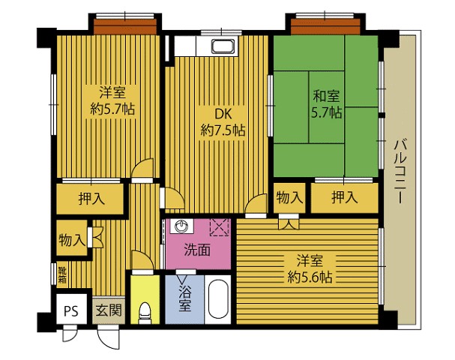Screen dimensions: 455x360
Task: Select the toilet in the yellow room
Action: pyautogui.click(x=145, y=313)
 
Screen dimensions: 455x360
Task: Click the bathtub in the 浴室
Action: pyautogui.click(x=219, y=299)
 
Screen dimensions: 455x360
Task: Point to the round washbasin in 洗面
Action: pyautogui.click(x=181, y=226)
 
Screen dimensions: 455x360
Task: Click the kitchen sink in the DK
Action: pyautogui.click(x=223, y=46)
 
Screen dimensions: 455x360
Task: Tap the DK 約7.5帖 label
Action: pyautogui.click(x=223, y=122)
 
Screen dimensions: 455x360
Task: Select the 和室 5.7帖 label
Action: pyautogui.click(x=327, y=104)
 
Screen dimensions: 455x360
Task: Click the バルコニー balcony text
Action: pyautogui.click(x=400, y=171)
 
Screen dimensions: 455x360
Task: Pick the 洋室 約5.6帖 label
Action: pyautogui.click(x=310, y=268)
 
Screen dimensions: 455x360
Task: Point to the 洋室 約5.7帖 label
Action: pyautogui.click(x=112, y=100)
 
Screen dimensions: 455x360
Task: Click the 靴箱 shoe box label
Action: pyautogui.click(x=62, y=275)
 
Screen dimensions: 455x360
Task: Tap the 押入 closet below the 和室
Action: pyautogui.click(x=345, y=198)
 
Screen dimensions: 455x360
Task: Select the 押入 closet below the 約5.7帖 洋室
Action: pyautogui.click(x=90, y=199)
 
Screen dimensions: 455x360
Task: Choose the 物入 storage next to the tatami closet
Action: pyautogui.click(x=289, y=198)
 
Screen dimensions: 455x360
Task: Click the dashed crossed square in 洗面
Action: pyautogui.click(x=220, y=227)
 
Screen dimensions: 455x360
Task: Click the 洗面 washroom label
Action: pyautogui.click(x=197, y=250)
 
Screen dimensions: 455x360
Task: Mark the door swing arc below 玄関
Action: pyautogui.click(x=108, y=338)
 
